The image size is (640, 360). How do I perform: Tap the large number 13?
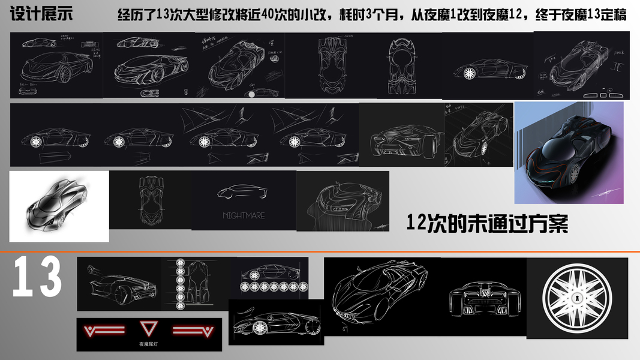point(37,277)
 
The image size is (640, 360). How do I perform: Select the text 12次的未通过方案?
point(486,223)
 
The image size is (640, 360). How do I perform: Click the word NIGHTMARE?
point(244,215)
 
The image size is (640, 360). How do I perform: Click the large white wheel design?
point(576,298)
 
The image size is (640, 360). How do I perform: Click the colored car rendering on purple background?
point(569,152)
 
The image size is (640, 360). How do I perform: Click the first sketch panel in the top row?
point(56,65)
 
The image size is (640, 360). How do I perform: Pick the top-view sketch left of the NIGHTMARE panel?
point(150,200)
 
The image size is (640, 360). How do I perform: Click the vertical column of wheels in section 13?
point(179,284)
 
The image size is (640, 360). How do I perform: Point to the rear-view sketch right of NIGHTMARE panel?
point(342,202)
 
